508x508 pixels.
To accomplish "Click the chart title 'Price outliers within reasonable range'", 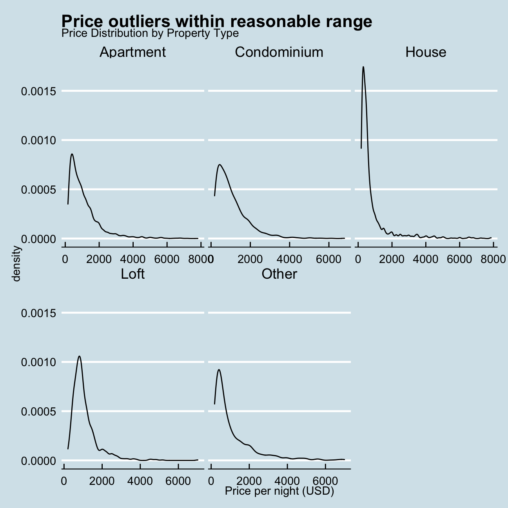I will click(216, 21).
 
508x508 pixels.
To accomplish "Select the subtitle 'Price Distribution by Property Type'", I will click(150, 33).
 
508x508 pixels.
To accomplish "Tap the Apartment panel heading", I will click(132, 52).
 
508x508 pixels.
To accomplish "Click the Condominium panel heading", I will click(279, 52).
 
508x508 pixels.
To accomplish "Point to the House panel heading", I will click(426, 52).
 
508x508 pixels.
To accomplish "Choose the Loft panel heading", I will click(132, 274).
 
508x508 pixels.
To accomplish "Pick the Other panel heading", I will click(279, 274).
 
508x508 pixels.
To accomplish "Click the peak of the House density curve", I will click(363, 67).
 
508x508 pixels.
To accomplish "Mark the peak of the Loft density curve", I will click(80, 356).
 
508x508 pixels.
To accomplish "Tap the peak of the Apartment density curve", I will click(72, 154).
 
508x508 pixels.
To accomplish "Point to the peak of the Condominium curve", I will click(220, 165).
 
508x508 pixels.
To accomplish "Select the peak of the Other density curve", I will click(219, 369).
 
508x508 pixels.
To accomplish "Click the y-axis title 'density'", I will click(16, 263).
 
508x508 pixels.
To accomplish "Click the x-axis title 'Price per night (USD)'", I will click(279, 492).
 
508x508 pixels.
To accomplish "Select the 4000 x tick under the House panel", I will click(426, 259).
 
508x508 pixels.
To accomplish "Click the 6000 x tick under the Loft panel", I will click(178, 481).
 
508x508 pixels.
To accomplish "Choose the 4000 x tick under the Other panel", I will click(287, 481).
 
